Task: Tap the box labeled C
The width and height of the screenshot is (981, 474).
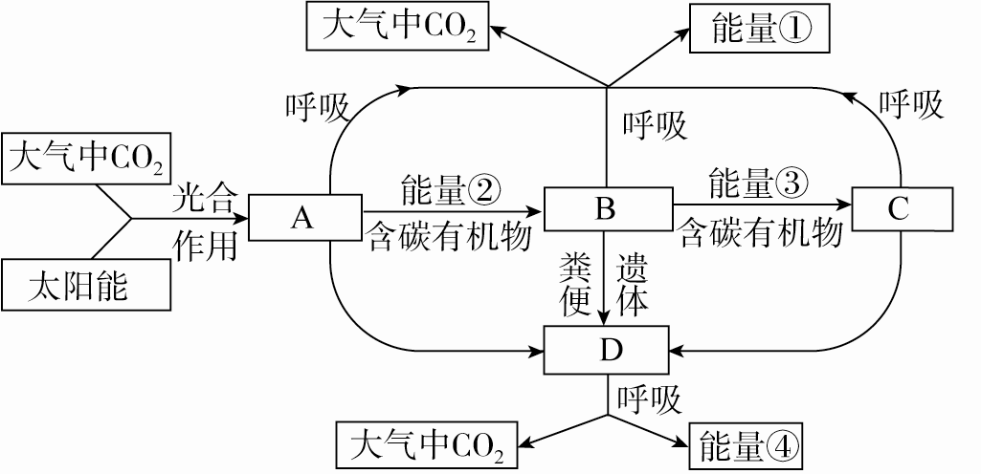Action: (896, 209)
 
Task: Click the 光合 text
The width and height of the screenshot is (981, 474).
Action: (204, 199)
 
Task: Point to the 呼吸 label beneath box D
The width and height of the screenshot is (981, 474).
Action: (649, 399)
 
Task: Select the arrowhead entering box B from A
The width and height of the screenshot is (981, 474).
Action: (535, 209)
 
